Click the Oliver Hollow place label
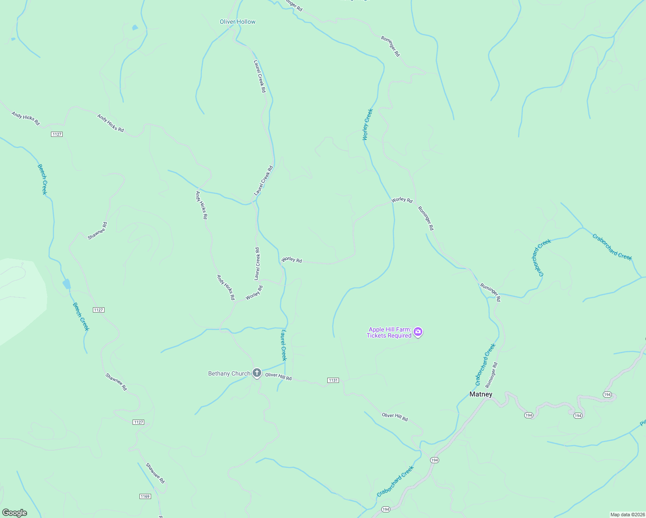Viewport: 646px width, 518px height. (237, 22)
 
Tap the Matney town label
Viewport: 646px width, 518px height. (481, 394)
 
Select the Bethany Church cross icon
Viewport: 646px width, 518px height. (257, 373)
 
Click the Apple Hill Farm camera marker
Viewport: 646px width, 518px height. (418, 332)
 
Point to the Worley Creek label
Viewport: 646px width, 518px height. (367, 124)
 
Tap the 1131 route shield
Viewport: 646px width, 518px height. (333, 380)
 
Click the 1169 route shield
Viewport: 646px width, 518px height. (145, 496)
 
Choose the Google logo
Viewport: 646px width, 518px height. (15, 512)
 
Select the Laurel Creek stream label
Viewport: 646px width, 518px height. (283, 345)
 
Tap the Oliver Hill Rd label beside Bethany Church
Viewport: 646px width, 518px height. (279, 376)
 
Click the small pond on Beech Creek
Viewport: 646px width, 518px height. (66, 284)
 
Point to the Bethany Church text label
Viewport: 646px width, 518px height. (229, 373)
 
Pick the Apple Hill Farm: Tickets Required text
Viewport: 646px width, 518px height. (389, 332)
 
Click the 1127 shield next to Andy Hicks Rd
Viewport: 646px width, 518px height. (57, 134)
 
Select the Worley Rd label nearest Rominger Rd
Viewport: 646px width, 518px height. (402, 200)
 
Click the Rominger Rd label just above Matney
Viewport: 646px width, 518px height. (491, 375)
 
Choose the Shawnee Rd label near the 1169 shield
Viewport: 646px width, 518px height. (155, 473)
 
